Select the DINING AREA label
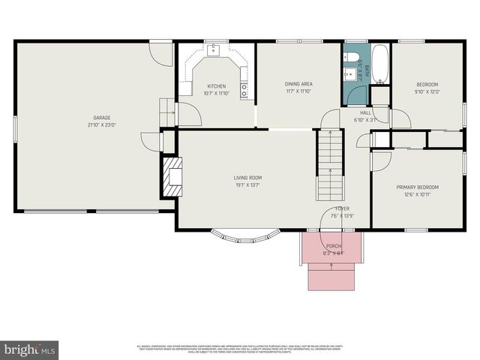[298, 84]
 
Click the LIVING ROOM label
[247, 178]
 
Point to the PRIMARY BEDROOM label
[417, 187]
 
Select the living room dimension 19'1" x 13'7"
[247, 185]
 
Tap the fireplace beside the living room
[172, 177]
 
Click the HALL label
[366, 112]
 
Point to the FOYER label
[342, 208]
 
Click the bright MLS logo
[30, 349]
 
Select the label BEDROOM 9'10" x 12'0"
[427, 88]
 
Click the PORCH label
[333, 246]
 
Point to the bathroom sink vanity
[349, 73]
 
